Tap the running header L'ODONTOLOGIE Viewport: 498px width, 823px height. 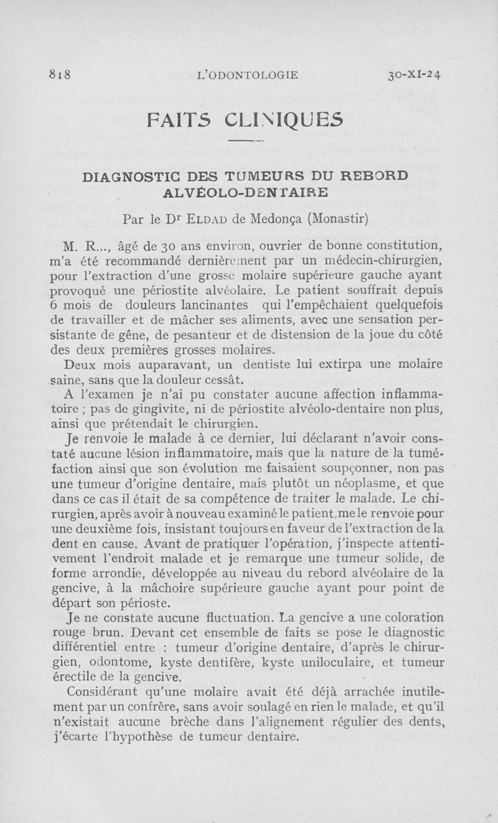tap(247, 76)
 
